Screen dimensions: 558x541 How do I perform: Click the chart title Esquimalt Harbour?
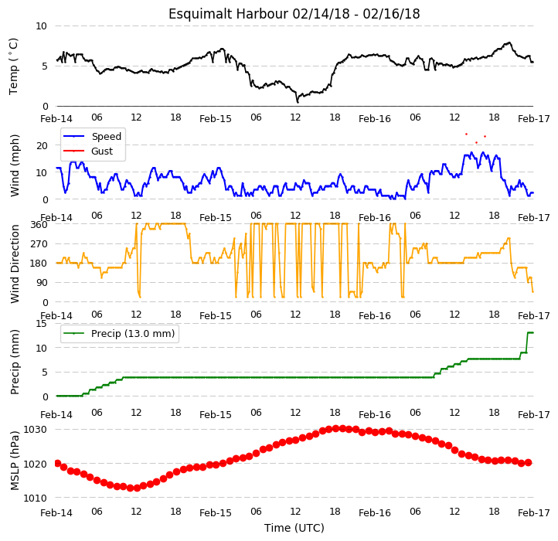tap(228, 14)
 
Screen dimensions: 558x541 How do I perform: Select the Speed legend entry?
tap(92, 136)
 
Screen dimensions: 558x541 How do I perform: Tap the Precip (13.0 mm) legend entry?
tap(119, 334)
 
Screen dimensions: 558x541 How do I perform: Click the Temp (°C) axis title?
tap(13, 66)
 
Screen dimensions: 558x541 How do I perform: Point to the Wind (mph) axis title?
tap(15, 165)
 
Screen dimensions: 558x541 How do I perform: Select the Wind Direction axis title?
tap(15, 264)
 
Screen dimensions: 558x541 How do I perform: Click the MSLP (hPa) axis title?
tap(15, 461)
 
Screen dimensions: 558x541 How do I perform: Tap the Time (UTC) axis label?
tap(294, 528)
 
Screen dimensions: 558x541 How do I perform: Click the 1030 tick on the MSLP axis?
tap(35, 430)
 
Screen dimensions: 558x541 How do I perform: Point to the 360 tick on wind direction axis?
tap(39, 225)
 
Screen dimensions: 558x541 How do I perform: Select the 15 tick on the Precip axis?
tap(41, 324)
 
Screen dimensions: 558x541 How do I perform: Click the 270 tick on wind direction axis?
tap(39, 244)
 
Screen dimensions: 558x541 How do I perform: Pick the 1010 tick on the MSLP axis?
tap(35, 498)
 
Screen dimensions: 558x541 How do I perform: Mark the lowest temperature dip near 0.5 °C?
tap(298, 102)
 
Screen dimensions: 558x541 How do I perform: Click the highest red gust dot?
tap(466, 134)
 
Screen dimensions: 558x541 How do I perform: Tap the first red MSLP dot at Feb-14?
tap(58, 463)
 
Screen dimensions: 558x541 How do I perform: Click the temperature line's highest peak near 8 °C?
tap(509, 43)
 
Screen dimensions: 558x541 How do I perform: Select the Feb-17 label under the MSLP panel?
tap(533, 513)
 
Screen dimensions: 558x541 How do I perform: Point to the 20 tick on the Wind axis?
tap(42, 145)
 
